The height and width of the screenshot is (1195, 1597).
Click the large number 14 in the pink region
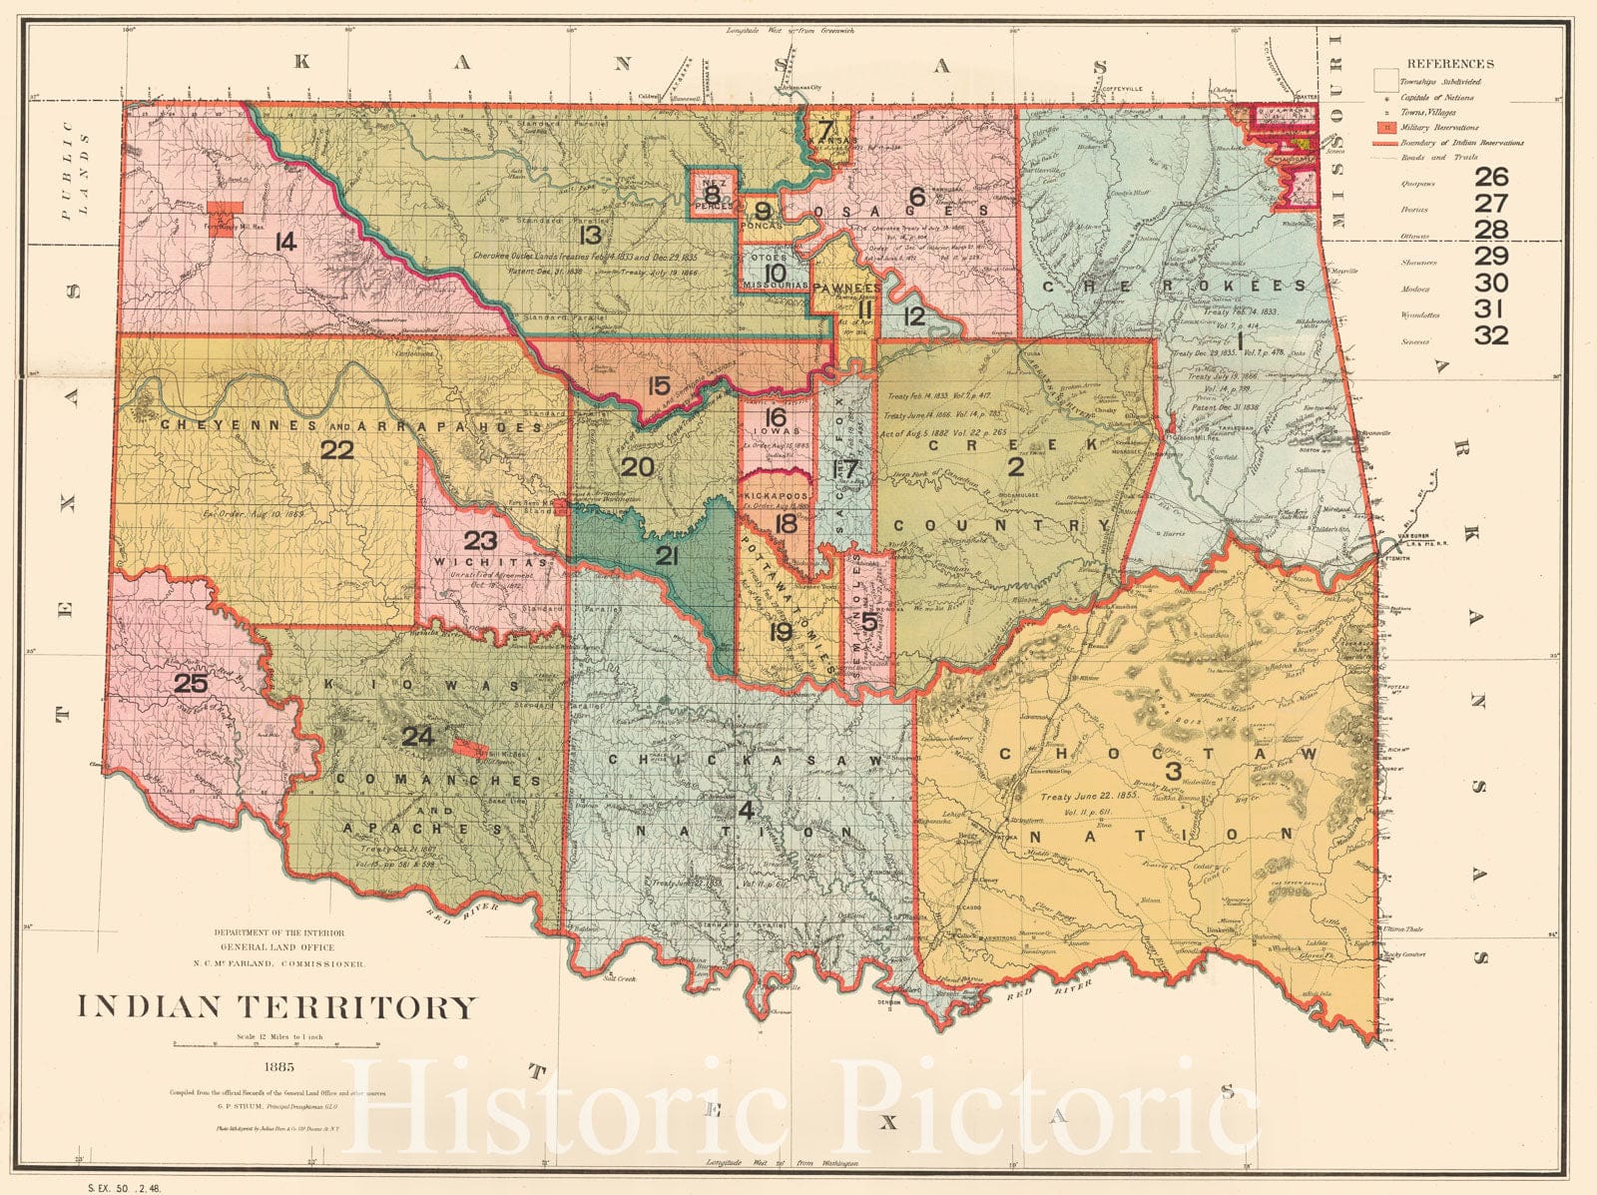[x=284, y=241]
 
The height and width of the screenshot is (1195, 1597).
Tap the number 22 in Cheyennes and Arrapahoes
[x=337, y=450]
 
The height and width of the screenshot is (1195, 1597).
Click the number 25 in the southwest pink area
[x=190, y=684]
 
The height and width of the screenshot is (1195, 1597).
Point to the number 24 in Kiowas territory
[x=417, y=737]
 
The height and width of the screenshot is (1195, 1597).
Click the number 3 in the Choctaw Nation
[x=1174, y=770]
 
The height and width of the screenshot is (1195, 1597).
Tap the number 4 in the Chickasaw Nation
[x=745, y=810]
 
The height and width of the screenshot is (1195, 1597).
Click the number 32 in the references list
[x=1491, y=335]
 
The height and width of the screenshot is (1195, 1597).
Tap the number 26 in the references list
[x=1491, y=178]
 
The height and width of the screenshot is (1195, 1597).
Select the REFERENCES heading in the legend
[x=1450, y=63]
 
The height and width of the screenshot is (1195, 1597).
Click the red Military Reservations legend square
[x=1384, y=128]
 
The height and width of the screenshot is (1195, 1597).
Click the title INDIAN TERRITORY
[x=277, y=1006]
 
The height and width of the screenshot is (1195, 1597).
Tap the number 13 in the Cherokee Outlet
[x=590, y=236]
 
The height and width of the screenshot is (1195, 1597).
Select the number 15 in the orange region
[x=658, y=385]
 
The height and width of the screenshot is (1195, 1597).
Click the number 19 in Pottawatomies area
[x=781, y=631]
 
